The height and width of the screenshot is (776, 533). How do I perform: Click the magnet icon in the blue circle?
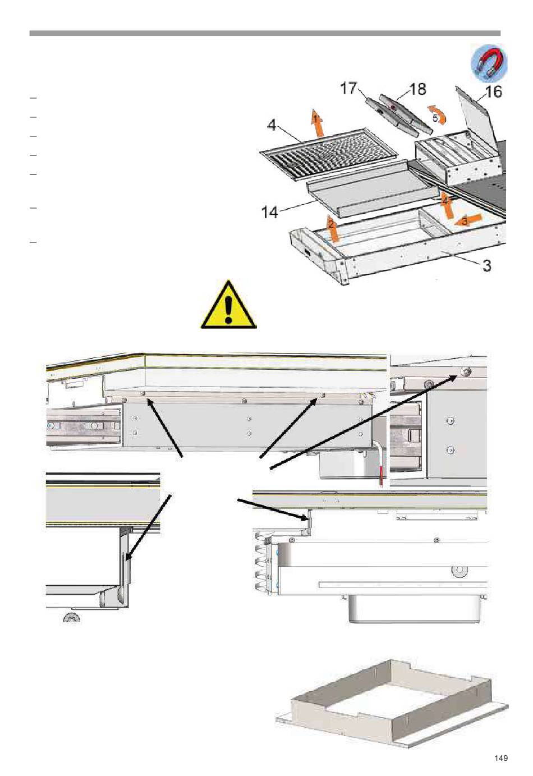(x=489, y=63)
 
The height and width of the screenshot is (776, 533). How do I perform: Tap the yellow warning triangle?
(x=228, y=304)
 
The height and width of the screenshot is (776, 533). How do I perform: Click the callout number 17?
(x=348, y=88)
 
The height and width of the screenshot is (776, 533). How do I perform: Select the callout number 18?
(x=417, y=89)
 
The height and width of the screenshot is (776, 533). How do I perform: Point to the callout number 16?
(x=494, y=92)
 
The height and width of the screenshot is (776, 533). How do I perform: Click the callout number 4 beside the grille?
(x=272, y=125)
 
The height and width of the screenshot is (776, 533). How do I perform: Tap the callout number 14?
(x=269, y=212)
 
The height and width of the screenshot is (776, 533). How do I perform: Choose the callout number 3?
(x=487, y=266)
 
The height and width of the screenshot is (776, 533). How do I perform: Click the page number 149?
(x=501, y=757)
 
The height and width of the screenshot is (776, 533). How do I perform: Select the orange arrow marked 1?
(x=318, y=123)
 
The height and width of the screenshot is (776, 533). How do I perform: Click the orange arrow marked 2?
(x=333, y=228)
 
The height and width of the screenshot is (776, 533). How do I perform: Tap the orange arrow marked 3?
(x=467, y=220)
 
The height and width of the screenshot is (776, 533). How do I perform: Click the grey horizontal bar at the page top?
(x=265, y=33)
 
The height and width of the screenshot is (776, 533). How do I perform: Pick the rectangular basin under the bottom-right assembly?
(x=417, y=608)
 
